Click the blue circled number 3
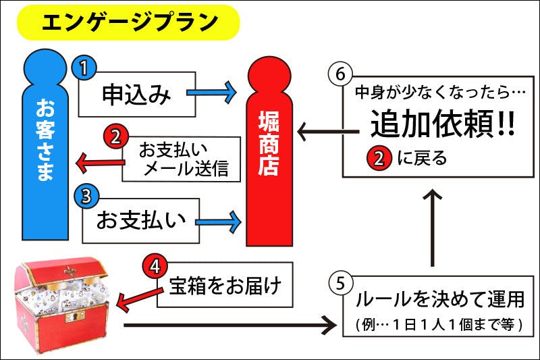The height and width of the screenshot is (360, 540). [85, 195]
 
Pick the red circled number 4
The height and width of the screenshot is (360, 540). [155, 265]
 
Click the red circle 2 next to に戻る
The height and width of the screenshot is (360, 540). [379, 159]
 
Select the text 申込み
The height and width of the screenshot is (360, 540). [136, 95]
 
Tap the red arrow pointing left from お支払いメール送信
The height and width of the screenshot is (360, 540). [99, 162]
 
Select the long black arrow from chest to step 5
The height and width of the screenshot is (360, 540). [230, 326]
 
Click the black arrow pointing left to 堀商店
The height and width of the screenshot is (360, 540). [320, 132]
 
